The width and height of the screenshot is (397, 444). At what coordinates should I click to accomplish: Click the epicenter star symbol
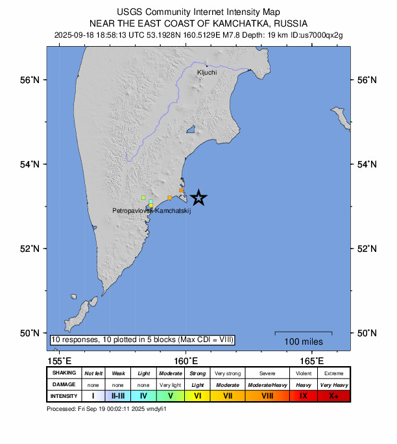[199, 197]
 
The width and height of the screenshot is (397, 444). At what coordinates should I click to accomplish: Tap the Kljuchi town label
[206, 73]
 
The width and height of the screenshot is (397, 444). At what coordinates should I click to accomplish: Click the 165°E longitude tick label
[312, 361]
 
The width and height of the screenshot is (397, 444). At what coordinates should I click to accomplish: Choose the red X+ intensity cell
[333, 395]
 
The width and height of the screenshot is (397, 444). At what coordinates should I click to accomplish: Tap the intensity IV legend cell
[143, 395]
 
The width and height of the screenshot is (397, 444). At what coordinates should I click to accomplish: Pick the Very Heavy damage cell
[333, 384]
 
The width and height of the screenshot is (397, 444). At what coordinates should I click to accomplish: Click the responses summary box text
[142, 339]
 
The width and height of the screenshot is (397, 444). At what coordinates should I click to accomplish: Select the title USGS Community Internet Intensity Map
[198, 12]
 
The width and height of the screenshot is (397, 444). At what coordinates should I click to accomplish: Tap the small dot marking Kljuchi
[207, 66]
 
